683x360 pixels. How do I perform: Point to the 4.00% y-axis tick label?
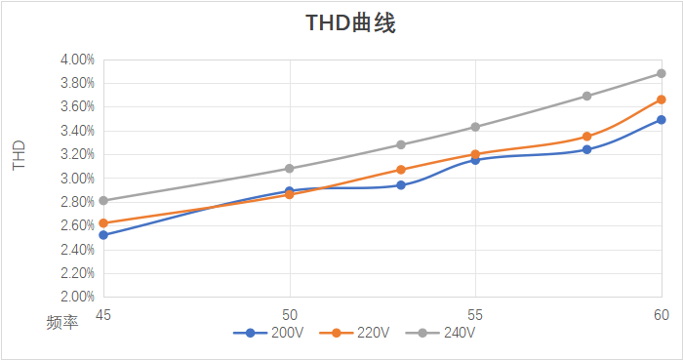pos(76,60)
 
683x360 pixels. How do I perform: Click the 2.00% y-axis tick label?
pos(76,297)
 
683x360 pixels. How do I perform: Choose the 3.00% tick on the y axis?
pos(76,179)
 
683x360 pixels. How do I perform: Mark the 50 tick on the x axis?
pos(289,314)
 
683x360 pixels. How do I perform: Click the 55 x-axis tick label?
pos(475,314)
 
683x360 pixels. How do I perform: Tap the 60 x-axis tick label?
pos(661,314)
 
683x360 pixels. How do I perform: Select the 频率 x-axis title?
pos(62,322)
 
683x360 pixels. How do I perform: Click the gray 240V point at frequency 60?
pos(661,73)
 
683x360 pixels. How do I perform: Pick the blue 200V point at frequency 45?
pos(103,235)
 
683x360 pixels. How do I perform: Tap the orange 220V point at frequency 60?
pos(661,100)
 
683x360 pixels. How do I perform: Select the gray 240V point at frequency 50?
pos(289,169)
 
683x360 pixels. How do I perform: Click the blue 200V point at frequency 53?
pos(401,185)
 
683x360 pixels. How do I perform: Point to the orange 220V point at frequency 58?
pos(586,137)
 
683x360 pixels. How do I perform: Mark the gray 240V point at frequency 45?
pos(103,201)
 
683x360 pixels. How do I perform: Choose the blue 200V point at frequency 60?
pos(661,120)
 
